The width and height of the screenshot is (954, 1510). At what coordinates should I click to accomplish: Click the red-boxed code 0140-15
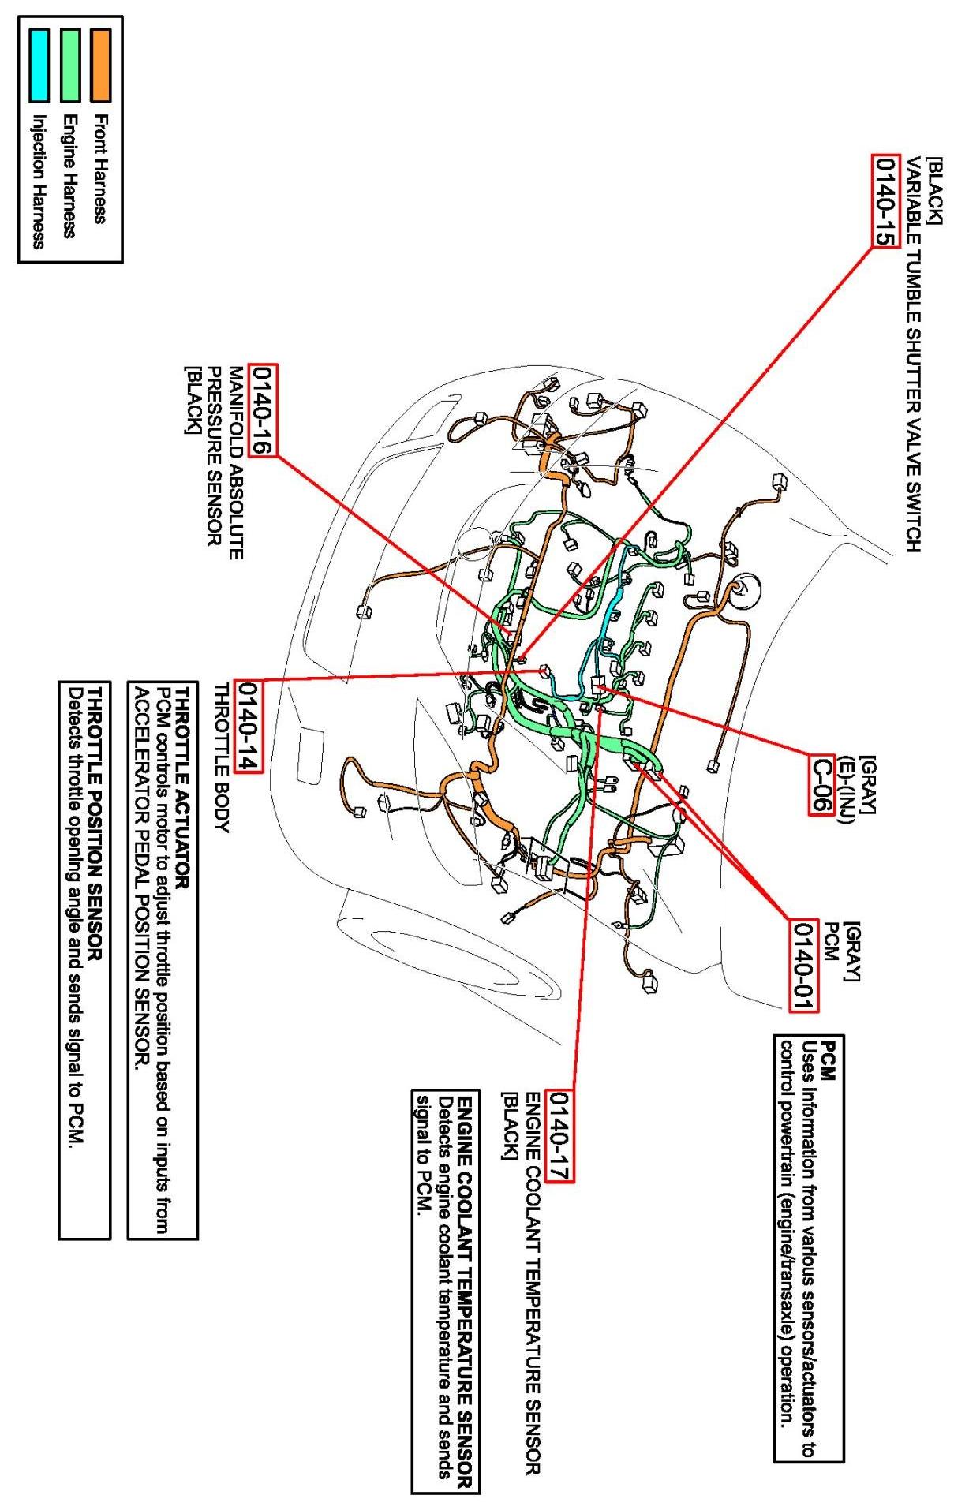coord(885,201)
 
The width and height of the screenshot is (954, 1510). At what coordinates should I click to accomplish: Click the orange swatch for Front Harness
coord(100,65)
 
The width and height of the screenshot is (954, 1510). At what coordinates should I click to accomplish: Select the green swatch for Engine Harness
coord(70,65)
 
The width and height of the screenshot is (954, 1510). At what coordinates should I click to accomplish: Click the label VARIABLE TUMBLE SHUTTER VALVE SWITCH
coord(913,354)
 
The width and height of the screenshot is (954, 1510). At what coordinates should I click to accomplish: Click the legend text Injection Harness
coord(38,182)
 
